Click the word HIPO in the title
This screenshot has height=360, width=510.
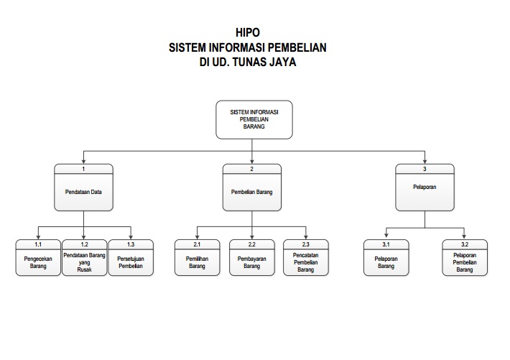click(248, 32)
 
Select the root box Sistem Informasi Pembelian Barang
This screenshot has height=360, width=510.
click(254, 119)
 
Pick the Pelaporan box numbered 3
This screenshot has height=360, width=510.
click(425, 187)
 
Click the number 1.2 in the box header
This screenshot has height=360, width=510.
click(84, 244)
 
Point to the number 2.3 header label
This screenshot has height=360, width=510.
click(306, 244)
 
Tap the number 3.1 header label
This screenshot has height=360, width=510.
click(386, 244)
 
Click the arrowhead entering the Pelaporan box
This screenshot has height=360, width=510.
click(425, 162)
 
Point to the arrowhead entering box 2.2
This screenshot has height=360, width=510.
click(251, 237)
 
